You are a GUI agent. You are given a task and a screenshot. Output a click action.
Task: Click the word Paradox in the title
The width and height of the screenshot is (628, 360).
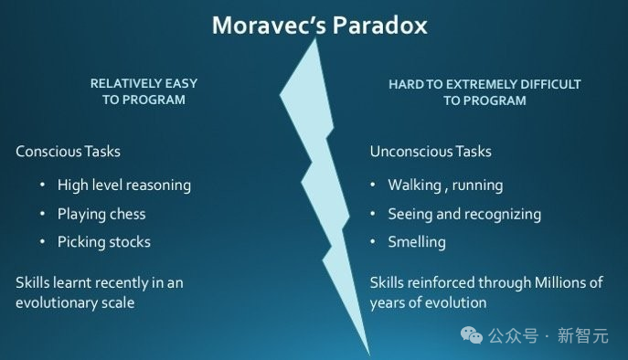point(379,26)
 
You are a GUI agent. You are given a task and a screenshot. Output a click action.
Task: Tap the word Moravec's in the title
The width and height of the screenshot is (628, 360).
point(269,26)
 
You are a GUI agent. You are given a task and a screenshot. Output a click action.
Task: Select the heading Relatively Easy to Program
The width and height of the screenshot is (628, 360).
point(144,91)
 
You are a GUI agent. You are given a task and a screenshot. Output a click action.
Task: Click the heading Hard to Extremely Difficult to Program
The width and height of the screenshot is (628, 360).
point(484,92)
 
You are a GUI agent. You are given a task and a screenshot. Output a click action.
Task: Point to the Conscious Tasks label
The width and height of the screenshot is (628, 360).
point(68,152)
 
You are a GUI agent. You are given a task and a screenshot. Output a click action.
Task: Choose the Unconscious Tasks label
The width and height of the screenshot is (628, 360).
point(431,152)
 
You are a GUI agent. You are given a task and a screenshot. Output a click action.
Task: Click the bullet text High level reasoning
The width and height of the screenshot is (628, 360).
point(124,185)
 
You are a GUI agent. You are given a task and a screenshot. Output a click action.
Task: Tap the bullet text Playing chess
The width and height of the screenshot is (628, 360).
point(101,214)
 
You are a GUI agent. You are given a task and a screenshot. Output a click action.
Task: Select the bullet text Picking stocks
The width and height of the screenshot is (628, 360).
point(103,242)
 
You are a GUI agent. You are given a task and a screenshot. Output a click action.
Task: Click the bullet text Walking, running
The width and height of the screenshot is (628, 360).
point(445,185)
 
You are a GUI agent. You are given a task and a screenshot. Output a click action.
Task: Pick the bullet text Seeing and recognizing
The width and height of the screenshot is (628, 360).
point(464,214)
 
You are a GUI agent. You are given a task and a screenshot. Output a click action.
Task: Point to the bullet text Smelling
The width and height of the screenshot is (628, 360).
point(417,242)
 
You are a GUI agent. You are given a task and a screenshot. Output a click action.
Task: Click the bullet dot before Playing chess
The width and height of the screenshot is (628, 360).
point(42,214)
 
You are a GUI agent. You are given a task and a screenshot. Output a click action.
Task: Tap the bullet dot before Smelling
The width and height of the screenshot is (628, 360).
point(372,241)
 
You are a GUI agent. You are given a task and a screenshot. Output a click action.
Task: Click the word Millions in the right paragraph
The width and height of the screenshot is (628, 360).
point(559,282)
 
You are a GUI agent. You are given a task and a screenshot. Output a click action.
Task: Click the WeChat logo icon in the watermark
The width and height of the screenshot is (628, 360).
point(472,335)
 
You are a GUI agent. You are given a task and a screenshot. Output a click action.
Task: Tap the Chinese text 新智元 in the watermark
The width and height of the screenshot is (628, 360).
point(583,335)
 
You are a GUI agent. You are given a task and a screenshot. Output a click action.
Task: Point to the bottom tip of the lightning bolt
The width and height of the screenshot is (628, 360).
point(369,355)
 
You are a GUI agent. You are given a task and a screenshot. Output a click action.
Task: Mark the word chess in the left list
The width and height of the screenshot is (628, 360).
point(127,214)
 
